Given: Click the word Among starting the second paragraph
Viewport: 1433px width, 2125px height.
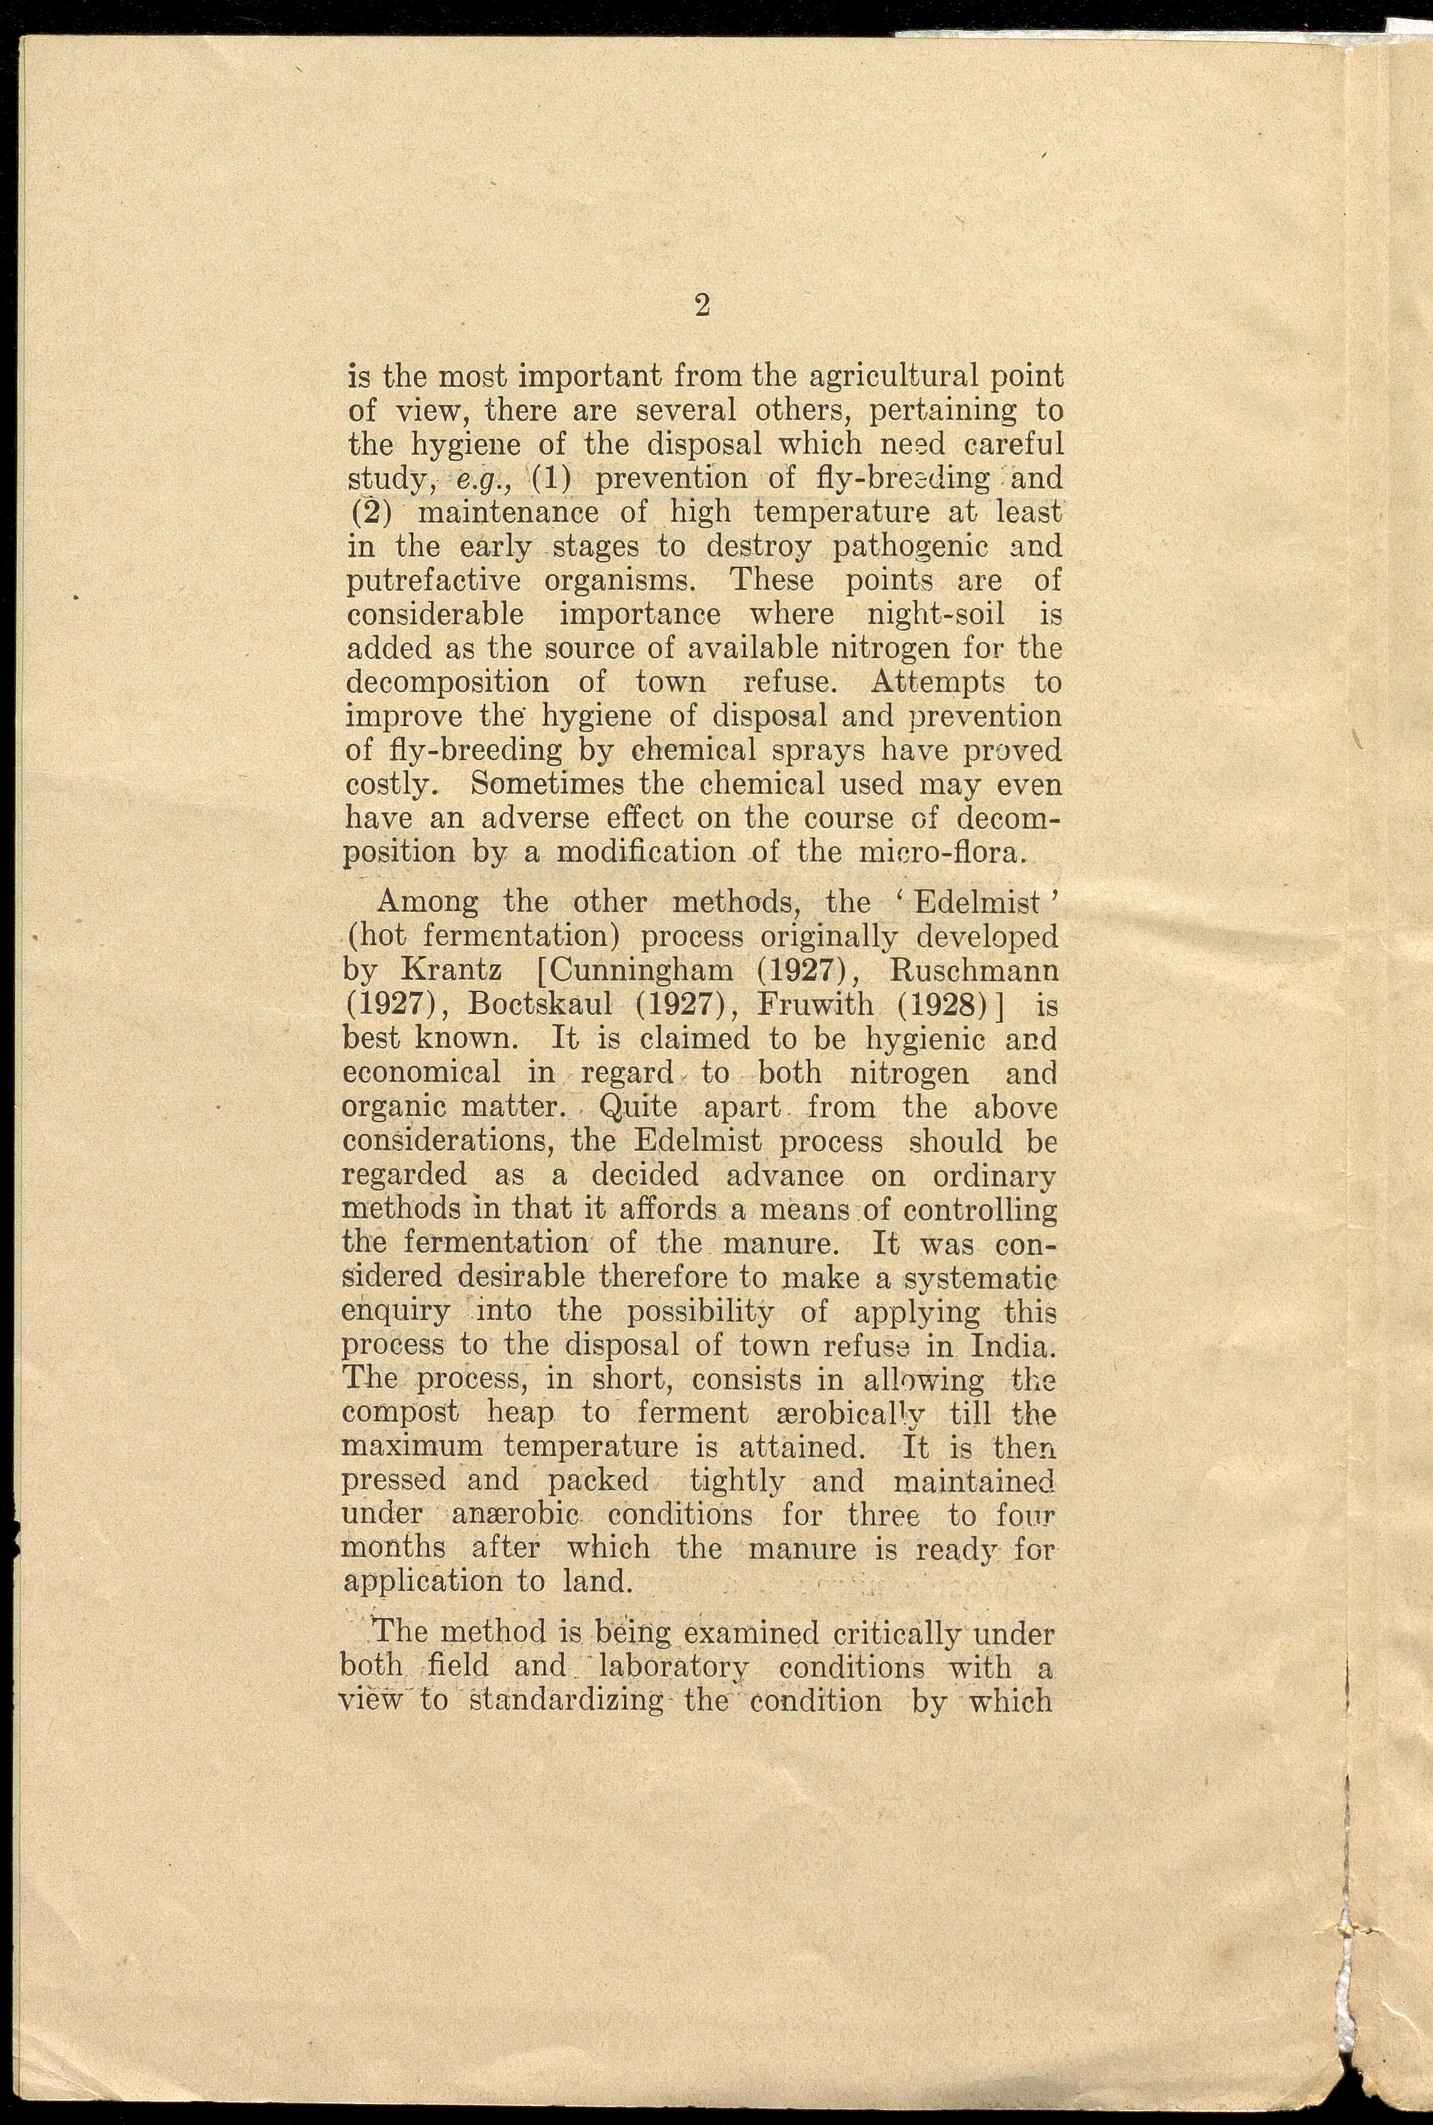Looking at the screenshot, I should click(x=426, y=902).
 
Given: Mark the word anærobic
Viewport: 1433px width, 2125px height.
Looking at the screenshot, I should click(x=515, y=1514).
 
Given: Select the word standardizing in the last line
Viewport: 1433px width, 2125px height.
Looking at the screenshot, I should click(x=566, y=1701).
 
